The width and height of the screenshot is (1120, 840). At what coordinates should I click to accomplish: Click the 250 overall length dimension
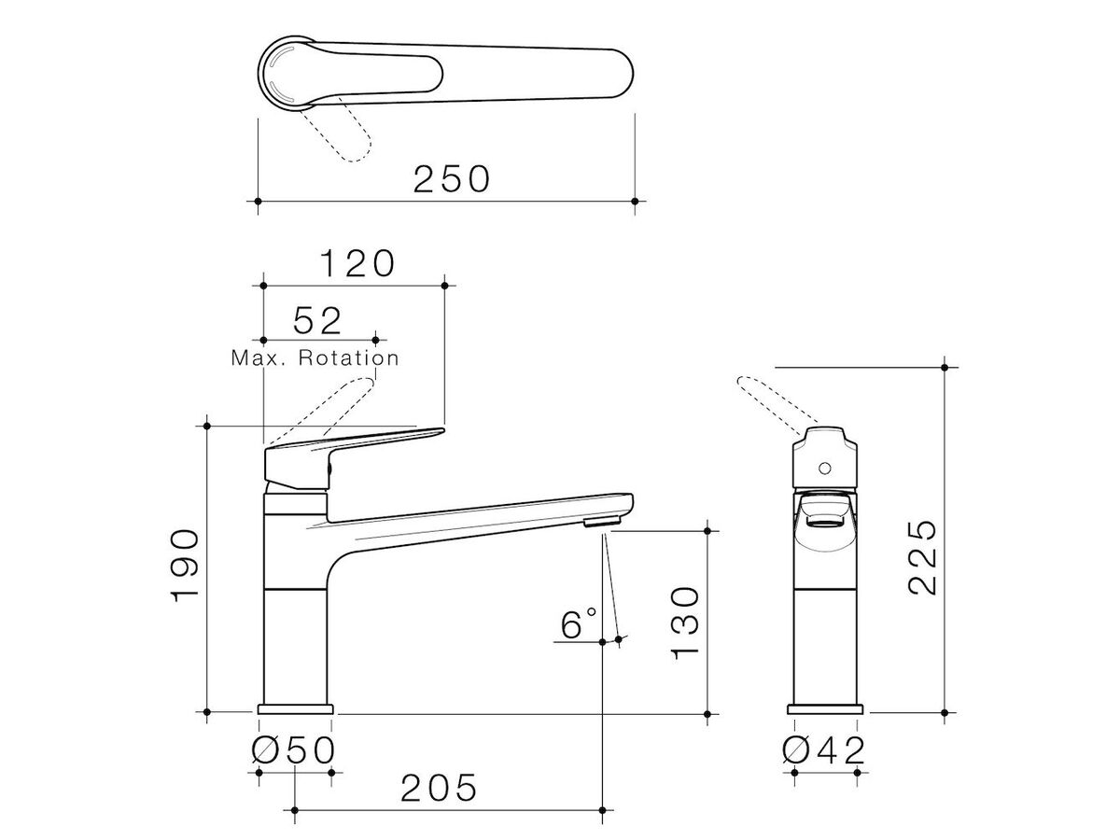click(452, 179)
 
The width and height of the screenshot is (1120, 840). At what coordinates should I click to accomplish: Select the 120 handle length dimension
click(357, 264)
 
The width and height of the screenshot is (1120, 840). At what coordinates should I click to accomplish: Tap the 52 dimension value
click(316, 321)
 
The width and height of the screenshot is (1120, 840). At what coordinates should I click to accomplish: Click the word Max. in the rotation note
click(258, 358)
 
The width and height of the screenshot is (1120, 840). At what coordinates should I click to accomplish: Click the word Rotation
click(349, 358)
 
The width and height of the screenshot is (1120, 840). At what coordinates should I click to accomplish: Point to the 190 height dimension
click(184, 567)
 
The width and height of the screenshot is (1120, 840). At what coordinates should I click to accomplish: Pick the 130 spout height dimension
click(684, 623)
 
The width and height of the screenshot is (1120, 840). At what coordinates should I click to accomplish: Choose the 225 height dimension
click(922, 557)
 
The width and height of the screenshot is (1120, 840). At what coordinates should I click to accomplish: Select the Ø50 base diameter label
click(294, 750)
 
